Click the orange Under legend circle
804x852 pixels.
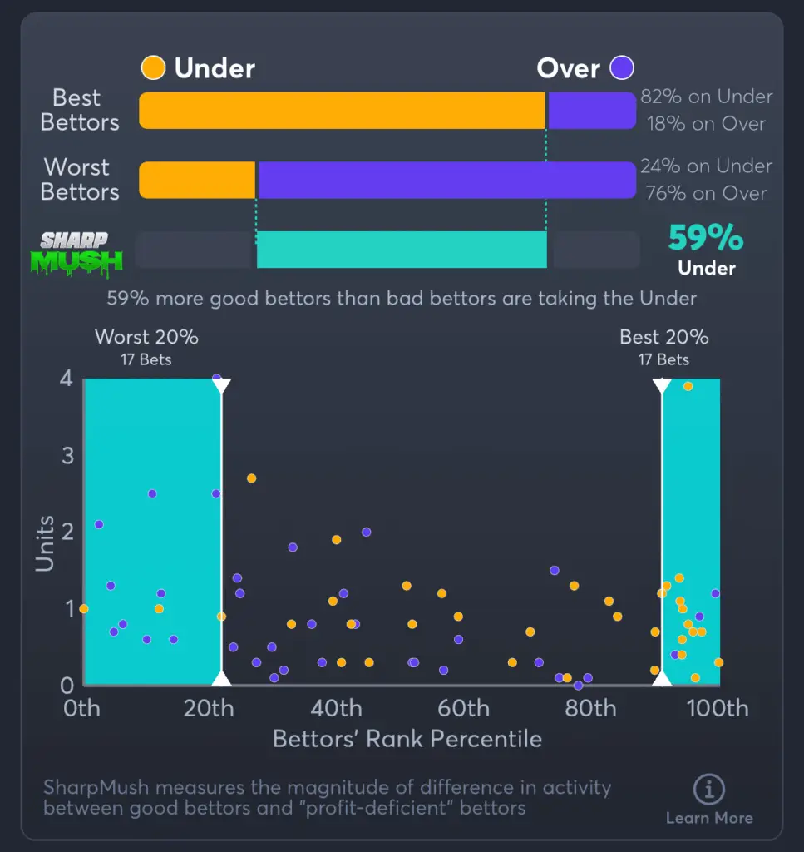(153, 67)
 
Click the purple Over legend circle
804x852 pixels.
(622, 67)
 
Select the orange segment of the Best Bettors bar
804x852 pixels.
(342, 111)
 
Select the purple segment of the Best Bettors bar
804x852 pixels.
(591, 111)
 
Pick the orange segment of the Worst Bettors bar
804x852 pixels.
(197, 180)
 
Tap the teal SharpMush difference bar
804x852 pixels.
(402, 250)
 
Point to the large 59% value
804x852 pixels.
(706, 239)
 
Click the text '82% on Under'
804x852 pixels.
(706, 97)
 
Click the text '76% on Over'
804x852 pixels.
(706, 193)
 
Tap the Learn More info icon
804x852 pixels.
(708, 789)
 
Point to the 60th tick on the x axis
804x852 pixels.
(463, 709)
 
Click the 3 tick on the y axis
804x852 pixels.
(67, 456)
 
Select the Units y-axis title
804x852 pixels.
(45, 544)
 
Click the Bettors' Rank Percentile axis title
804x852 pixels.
(407, 739)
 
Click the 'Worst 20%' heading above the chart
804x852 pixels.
(146, 337)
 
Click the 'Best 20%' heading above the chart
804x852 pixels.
(663, 337)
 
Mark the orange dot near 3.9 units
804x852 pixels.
(688, 386)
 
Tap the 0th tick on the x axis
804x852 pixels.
(81, 709)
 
